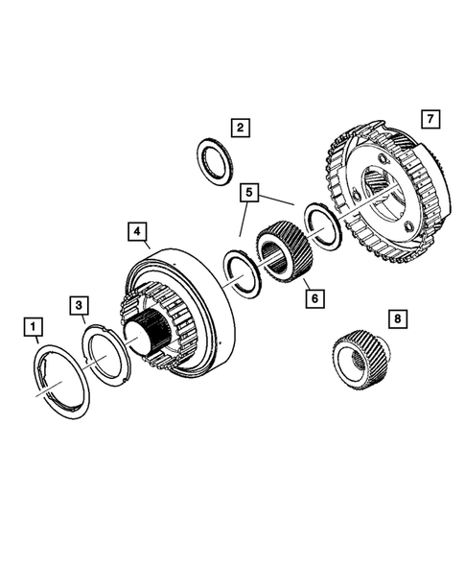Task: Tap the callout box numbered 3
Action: coord(81,305)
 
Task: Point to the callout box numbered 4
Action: coord(137,231)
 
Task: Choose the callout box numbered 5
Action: coord(249,193)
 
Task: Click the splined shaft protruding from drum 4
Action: coord(154,337)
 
